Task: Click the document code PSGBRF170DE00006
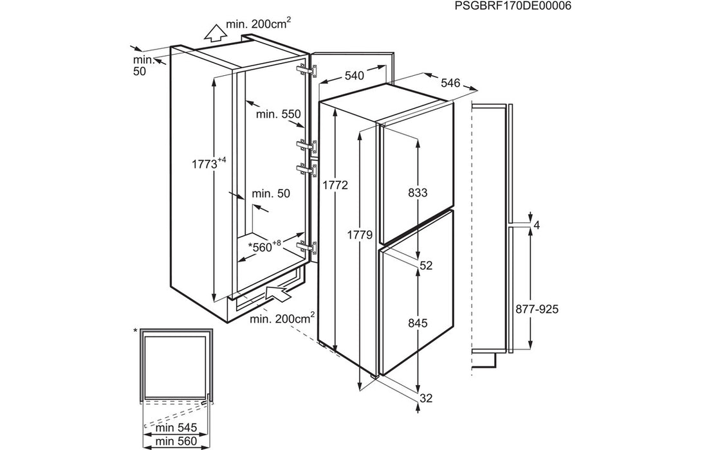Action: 512,6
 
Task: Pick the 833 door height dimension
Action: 418,192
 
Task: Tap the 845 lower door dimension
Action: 418,323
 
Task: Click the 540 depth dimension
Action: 354,76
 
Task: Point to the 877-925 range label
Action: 537,309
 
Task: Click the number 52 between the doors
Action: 425,265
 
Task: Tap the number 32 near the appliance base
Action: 425,399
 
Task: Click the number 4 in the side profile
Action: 536,225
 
